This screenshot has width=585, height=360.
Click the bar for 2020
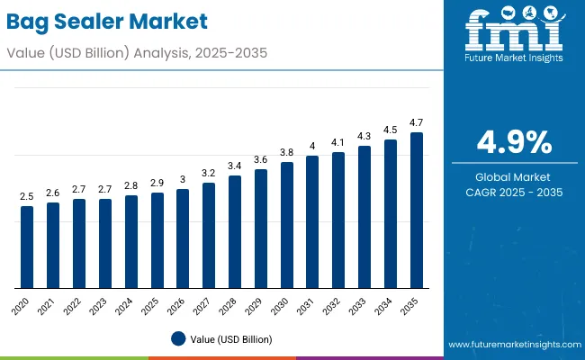(x=27, y=247)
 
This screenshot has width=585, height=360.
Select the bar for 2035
(x=417, y=211)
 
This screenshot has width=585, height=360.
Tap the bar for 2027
(x=209, y=236)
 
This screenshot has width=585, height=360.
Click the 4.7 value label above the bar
(x=417, y=121)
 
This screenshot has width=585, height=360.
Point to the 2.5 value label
(x=27, y=195)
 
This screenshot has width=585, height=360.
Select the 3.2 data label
(x=209, y=172)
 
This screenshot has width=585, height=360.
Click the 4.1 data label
(x=338, y=141)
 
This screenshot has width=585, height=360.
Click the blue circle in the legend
(x=177, y=338)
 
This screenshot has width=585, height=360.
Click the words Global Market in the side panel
(x=514, y=177)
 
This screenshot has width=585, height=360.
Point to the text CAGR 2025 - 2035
(x=514, y=193)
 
